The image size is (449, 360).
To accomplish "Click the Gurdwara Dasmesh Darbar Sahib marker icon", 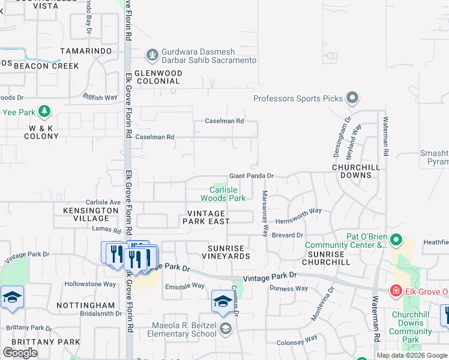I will [x=152, y=55].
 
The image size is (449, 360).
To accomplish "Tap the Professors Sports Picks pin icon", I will [x=352, y=98].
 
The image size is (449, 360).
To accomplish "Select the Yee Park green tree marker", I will [x=44, y=112].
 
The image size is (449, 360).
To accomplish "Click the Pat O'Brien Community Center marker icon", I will [x=396, y=240].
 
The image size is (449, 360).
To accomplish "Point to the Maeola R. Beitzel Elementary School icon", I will [x=225, y=328].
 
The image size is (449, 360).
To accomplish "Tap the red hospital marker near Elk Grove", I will [x=396, y=292].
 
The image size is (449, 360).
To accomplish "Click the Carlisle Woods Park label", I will [x=223, y=194].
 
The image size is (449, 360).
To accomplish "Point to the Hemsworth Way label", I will [x=298, y=211].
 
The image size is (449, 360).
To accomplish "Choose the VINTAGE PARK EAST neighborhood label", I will [x=206, y=217].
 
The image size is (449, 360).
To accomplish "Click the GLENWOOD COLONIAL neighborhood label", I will [x=158, y=76].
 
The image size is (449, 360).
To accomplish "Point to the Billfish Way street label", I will [x=100, y=97].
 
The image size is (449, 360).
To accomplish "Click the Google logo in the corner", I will [x=20, y=353].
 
